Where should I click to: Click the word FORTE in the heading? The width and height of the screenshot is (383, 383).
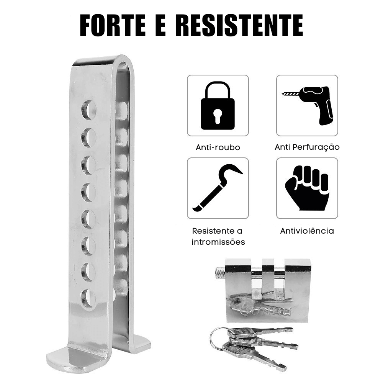113,25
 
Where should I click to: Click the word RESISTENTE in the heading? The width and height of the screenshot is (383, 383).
239,25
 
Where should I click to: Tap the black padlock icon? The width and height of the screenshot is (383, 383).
218,106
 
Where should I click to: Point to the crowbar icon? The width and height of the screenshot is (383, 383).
218,188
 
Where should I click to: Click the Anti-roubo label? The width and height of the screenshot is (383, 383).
218,147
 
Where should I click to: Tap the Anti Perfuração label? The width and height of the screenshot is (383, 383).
307,147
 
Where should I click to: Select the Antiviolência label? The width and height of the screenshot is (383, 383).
307,231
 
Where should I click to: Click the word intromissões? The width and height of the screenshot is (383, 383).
218,242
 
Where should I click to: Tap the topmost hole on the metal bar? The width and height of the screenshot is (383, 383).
88,108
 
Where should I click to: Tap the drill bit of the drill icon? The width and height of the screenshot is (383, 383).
291,93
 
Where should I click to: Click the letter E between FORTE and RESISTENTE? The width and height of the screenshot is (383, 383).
160,25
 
